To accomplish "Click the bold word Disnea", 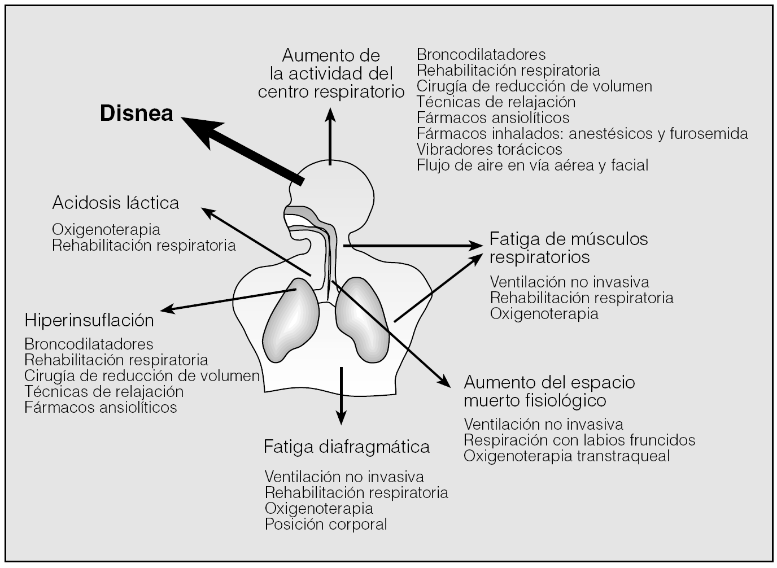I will coord(136,114).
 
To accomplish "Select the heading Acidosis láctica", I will coord(116,203).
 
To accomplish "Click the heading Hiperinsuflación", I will coord(89,320).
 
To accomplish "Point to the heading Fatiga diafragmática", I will coord(346,447).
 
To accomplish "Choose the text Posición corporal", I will coord(326,524).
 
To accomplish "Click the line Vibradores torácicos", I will coord(489,149).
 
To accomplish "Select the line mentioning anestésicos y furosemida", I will coord(582,133).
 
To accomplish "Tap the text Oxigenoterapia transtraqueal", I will coord(566,456).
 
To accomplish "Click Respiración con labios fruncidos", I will coord(579,440).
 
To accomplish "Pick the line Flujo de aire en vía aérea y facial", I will coord(532,165).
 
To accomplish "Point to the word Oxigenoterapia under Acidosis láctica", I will coord(106,230).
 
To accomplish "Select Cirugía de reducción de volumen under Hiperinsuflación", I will coord(142,375).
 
